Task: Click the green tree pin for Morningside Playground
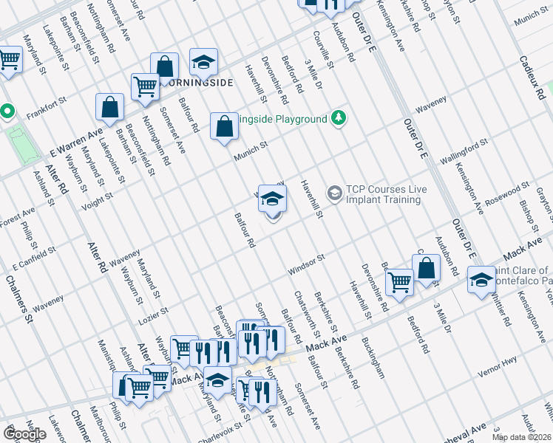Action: click(x=339, y=118)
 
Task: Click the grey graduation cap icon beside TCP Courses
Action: click(x=334, y=193)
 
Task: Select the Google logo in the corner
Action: click(x=24, y=434)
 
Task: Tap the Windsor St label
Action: click(x=306, y=267)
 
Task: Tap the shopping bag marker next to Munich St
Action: click(x=224, y=126)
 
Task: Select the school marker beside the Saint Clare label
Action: click(x=481, y=281)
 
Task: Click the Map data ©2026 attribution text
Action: click(x=522, y=437)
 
